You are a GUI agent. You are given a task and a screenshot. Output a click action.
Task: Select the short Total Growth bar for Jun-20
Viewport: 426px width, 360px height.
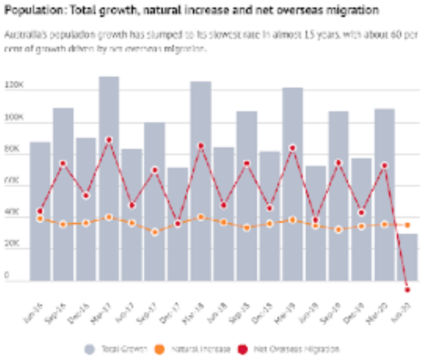pos(407,257)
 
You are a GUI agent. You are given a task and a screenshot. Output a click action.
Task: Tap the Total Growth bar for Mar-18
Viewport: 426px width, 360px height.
pos(201,181)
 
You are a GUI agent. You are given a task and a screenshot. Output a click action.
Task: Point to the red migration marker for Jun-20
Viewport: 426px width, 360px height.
pos(407,290)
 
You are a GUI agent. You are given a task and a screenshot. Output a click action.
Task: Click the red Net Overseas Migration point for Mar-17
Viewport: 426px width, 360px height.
pos(109,140)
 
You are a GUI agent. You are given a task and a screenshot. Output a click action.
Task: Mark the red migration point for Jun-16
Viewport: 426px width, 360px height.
pos(40,211)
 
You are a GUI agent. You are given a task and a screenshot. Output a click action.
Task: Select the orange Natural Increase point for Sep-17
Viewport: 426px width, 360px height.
pos(155,232)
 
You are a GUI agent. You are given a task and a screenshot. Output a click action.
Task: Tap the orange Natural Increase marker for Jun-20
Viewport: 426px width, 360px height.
pos(407,225)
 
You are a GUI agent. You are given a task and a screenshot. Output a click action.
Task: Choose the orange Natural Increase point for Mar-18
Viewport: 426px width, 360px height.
pos(201,217)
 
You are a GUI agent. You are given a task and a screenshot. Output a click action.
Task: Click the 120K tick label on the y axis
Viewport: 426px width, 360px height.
pos(14,85)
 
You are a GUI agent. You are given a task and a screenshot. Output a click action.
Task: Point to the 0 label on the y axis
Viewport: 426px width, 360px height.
pos(7,275)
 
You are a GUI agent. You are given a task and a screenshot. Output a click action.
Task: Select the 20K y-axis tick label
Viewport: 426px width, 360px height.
pos(13,244)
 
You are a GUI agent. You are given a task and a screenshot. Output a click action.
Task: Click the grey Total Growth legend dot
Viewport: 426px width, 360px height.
pos(89,349)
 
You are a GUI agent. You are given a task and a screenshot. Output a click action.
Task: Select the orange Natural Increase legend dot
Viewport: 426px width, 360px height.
pos(159,349)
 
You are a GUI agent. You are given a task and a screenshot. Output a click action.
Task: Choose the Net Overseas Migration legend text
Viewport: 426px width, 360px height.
pos(296,349)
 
